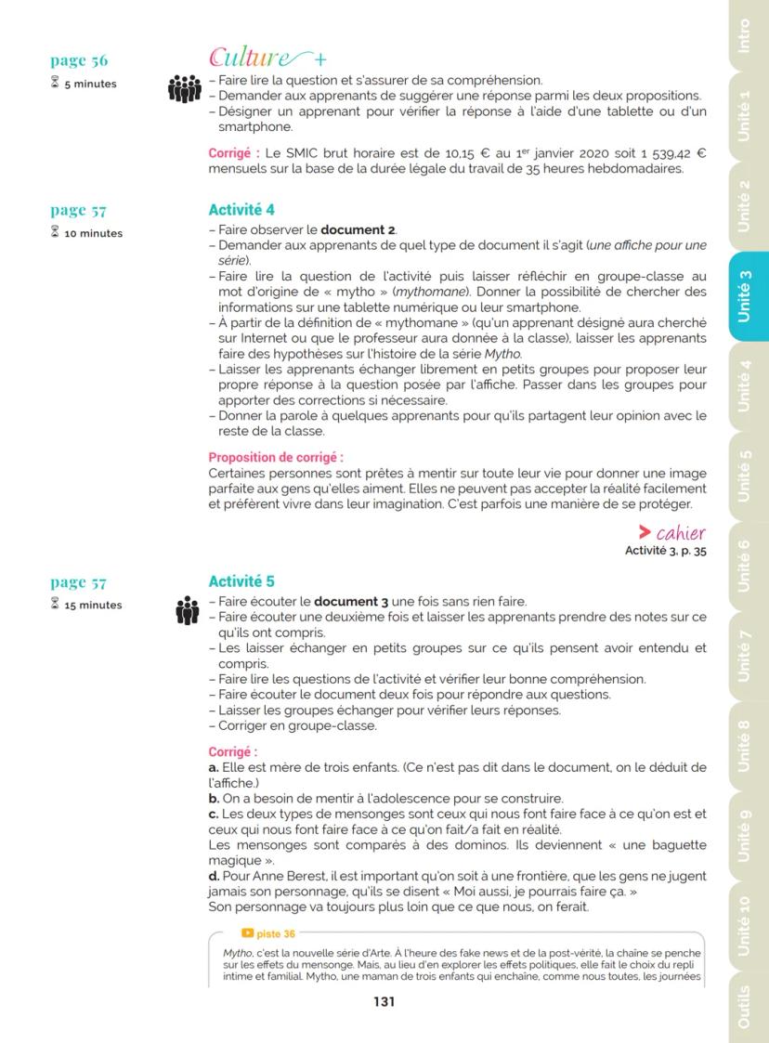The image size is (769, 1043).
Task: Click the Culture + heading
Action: (x=261, y=58)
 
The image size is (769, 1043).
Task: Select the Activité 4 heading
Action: (x=241, y=211)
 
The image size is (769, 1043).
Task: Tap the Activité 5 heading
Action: (x=241, y=582)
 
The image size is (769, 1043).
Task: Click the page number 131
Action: (x=384, y=1001)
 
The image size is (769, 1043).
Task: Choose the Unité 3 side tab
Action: (x=745, y=295)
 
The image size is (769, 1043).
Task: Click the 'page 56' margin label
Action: (x=79, y=61)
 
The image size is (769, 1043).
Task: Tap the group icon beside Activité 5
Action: (x=187, y=611)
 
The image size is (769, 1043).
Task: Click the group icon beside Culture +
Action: (x=184, y=89)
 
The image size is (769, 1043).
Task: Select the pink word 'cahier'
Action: (x=681, y=533)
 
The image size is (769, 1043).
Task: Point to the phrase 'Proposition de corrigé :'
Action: (x=276, y=457)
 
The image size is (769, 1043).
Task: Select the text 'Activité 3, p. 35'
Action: (x=666, y=550)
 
